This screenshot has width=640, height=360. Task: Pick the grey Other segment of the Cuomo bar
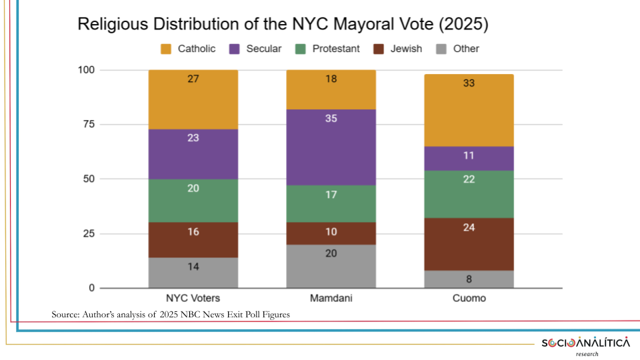[469, 279]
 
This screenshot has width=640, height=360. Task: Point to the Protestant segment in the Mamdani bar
[331, 203]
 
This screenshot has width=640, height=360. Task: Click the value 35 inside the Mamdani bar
[331, 119]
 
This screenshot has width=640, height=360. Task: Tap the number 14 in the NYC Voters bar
[193, 267]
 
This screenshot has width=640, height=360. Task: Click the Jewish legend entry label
[407, 49]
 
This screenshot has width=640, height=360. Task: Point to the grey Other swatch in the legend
[441, 49]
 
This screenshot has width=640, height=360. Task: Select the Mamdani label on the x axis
[331, 298]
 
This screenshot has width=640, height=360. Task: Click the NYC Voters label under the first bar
[193, 298]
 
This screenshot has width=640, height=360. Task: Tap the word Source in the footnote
[65, 314]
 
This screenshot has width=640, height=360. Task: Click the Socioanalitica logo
[585, 343]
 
